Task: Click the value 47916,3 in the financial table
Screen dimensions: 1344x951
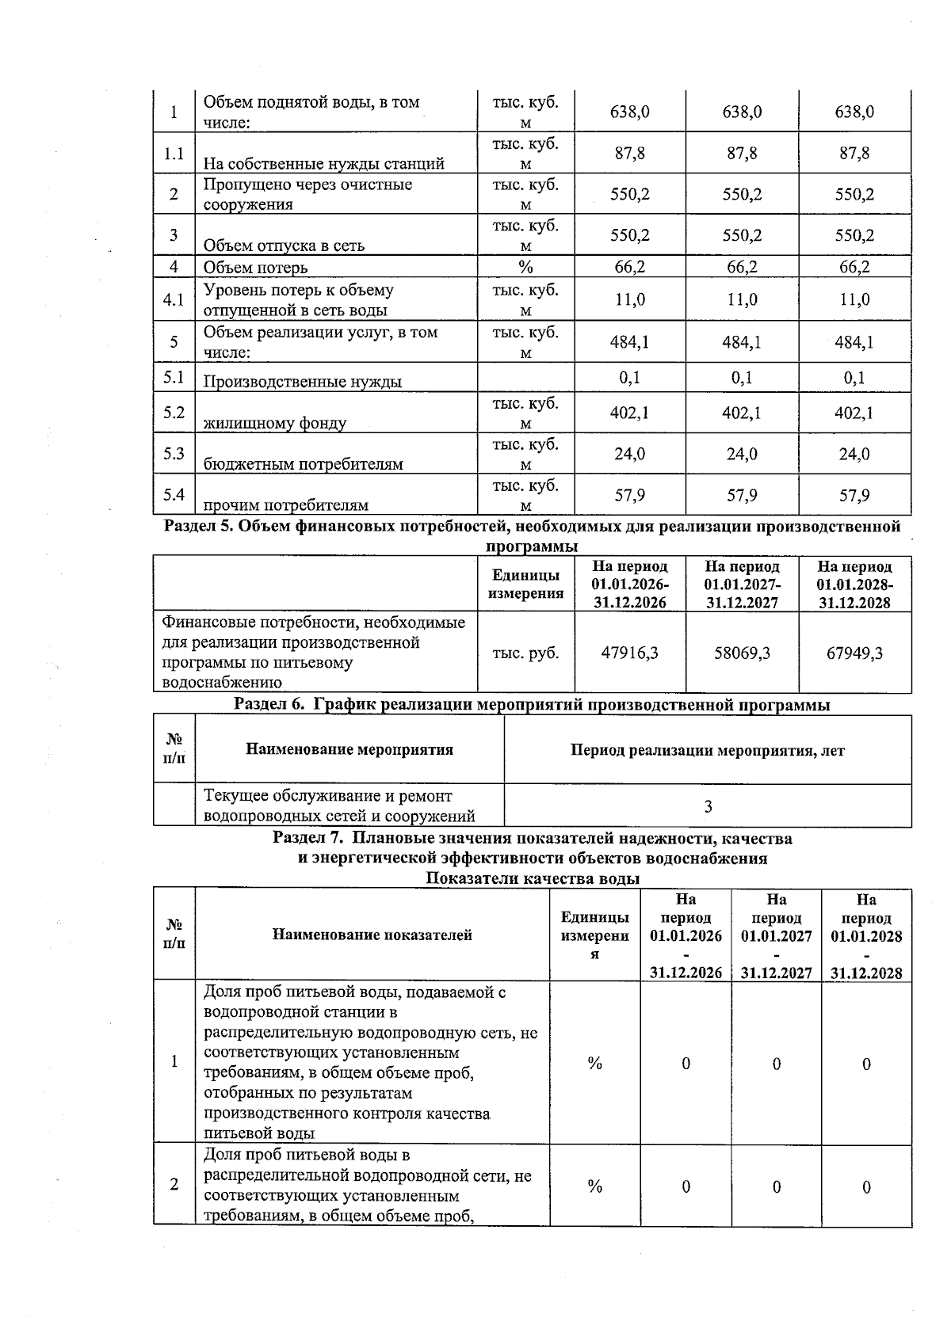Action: point(630,653)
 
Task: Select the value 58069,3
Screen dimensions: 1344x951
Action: point(743,653)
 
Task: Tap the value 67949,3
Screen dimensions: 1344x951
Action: point(854,653)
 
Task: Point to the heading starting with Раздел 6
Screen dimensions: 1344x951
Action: point(532,705)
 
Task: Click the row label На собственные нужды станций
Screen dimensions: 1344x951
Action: point(323,164)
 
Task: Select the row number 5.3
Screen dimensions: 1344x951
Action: point(174,454)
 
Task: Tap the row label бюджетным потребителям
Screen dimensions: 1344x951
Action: point(303,464)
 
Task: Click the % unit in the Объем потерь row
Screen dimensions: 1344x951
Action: point(525,267)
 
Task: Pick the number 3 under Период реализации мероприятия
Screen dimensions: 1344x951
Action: point(708,806)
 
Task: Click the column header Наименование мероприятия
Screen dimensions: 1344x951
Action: point(349,749)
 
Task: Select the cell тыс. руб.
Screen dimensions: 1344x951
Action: point(525,653)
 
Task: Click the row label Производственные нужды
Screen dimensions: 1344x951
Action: point(302,382)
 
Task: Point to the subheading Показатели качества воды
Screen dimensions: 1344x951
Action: point(533,878)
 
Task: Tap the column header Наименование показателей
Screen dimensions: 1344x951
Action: point(372,935)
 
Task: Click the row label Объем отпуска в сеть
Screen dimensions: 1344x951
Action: point(284,246)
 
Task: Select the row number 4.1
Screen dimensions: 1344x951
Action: point(174,299)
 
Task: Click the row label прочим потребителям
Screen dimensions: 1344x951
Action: point(285,505)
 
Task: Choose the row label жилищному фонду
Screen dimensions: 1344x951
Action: point(274,423)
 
